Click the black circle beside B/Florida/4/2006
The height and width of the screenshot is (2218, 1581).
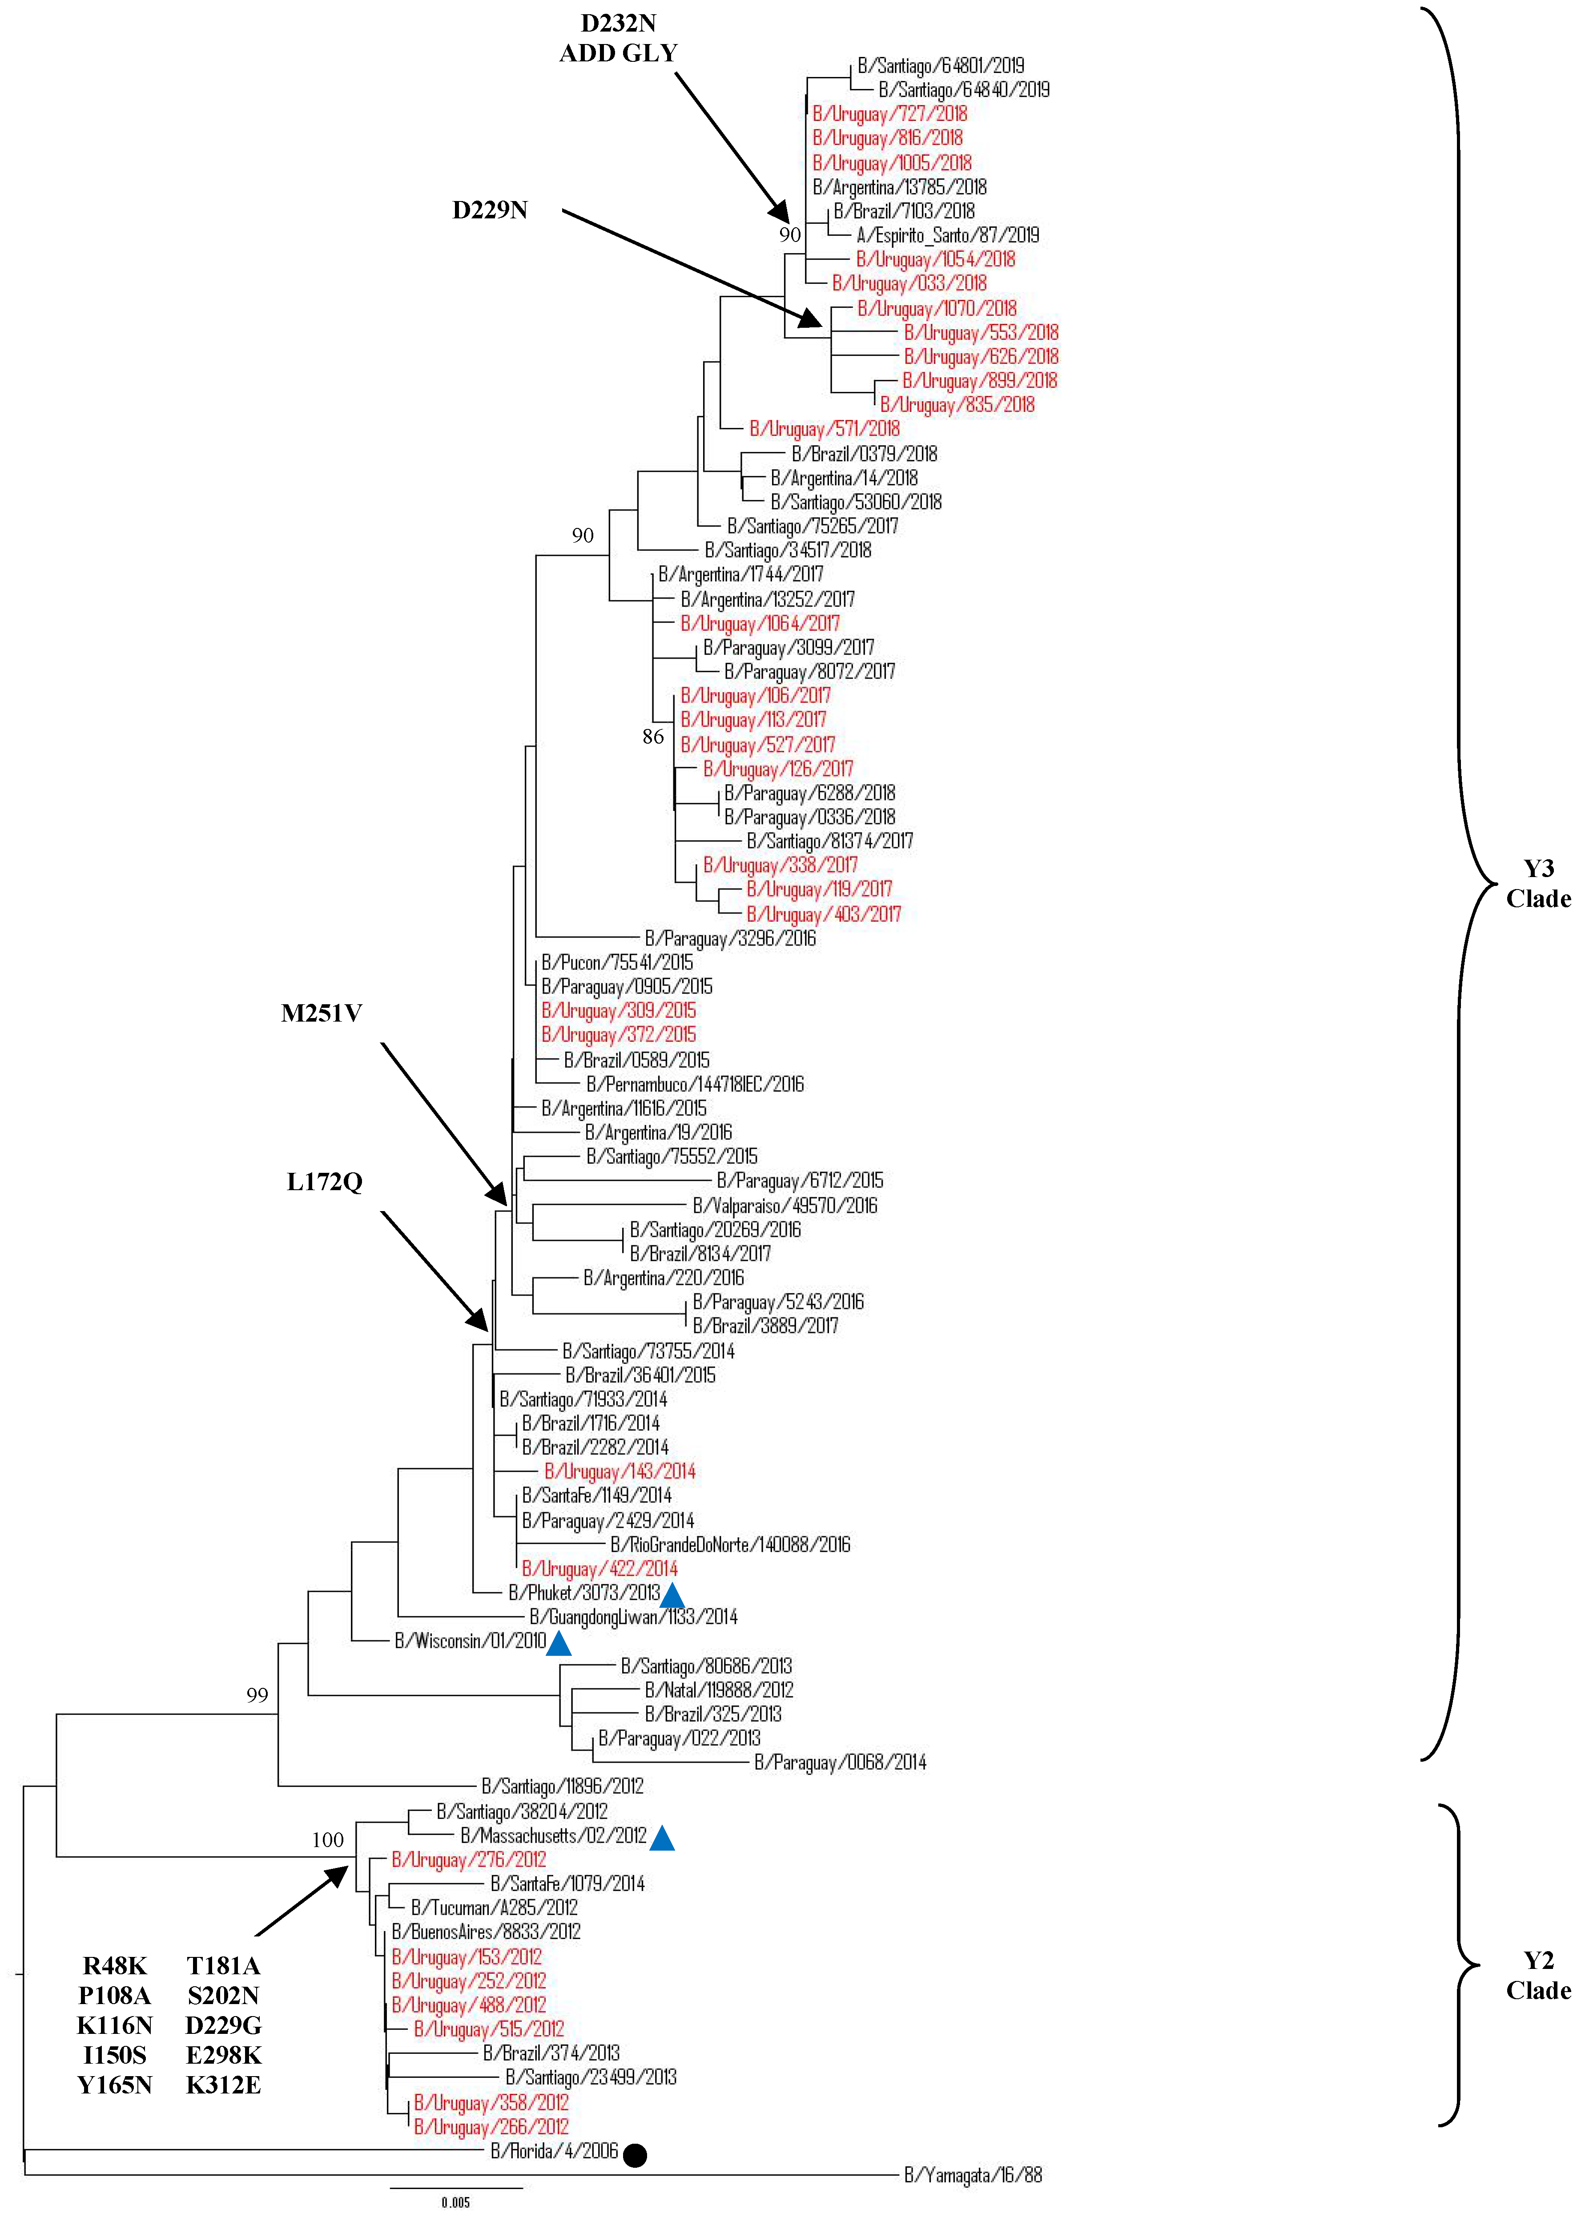pos(635,2155)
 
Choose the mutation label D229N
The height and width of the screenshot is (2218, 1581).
pos(490,210)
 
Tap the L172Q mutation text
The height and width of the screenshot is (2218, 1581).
pos(324,1182)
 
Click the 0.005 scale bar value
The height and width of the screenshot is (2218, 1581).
pos(455,2202)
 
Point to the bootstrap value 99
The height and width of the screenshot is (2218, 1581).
pos(257,1695)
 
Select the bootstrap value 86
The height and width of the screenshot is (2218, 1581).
pos(653,737)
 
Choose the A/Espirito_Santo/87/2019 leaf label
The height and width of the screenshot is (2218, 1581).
pos(947,235)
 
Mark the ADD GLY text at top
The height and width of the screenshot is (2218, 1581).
pos(618,53)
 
